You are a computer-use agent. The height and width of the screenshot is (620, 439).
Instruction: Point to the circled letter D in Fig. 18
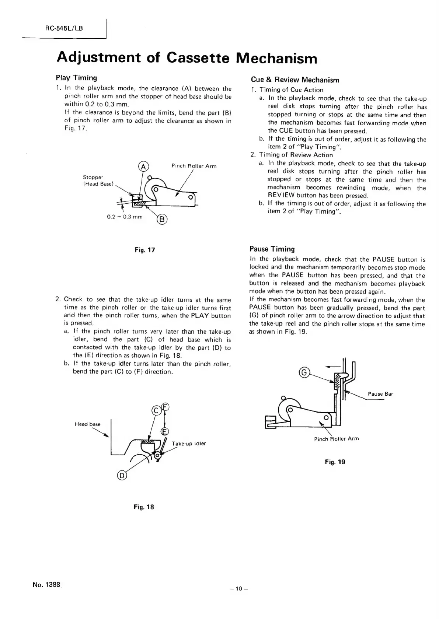(x=121, y=476)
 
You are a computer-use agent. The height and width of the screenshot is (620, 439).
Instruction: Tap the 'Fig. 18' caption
(x=143, y=507)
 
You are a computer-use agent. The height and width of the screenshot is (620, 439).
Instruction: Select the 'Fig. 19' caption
(x=335, y=462)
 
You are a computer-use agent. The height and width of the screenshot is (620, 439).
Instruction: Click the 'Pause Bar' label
(x=380, y=394)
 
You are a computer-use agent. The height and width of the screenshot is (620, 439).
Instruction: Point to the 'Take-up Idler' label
(x=189, y=444)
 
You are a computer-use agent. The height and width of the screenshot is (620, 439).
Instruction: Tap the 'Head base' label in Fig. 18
(x=87, y=424)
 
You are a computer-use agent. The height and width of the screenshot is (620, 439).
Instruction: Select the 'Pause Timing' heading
(x=272, y=249)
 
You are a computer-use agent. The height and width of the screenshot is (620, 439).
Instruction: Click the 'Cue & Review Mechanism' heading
(x=295, y=80)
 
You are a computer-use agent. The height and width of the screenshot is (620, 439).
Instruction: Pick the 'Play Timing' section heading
(x=76, y=78)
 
